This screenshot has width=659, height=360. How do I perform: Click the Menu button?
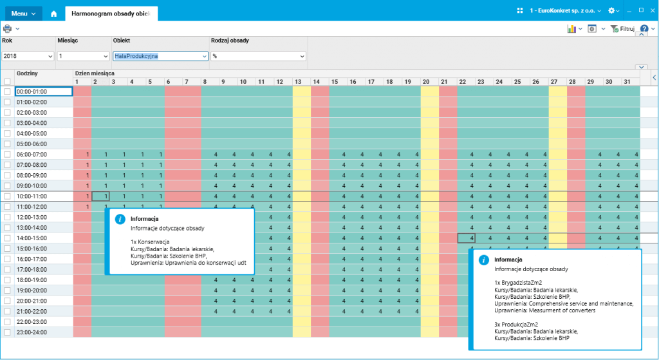click(23, 13)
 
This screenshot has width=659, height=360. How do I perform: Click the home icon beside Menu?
click(53, 13)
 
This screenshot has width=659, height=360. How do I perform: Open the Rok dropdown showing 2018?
click(28, 56)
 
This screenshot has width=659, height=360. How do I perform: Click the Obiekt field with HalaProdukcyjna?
click(160, 56)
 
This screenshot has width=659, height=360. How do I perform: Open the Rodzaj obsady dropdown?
click(257, 56)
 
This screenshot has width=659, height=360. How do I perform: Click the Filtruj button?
click(622, 29)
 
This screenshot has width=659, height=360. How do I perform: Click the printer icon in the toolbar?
click(8, 28)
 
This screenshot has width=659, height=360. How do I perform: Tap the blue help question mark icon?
click(644, 29)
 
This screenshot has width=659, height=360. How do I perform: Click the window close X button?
click(651, 10)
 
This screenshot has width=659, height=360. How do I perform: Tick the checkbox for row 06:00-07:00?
click(7, 155)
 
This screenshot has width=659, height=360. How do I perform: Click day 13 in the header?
click(298, 82)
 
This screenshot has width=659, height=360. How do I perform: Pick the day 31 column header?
click(627, 82)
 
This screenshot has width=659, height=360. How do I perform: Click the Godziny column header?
click(28, 73)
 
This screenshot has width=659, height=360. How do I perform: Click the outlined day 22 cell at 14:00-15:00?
click(467, 238)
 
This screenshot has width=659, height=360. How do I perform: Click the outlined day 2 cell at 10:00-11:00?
click(100, 196)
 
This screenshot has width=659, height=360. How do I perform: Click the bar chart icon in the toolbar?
click(571, 29)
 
